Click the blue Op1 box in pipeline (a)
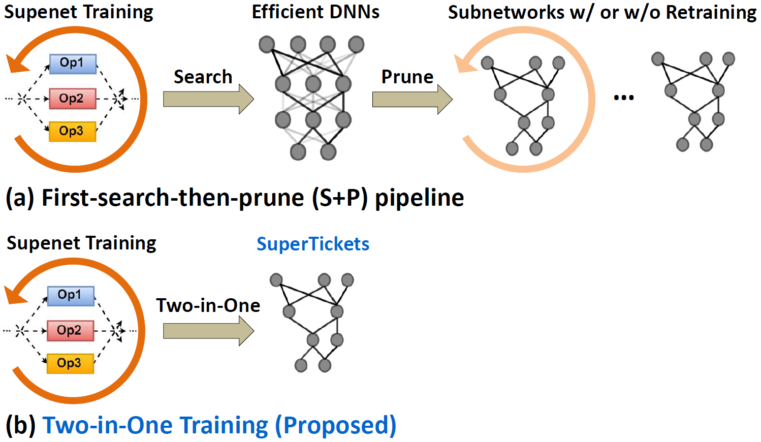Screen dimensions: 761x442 point(73,64)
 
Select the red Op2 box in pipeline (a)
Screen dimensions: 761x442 point(72,99)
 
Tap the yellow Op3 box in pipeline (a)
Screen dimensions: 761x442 point(72,131)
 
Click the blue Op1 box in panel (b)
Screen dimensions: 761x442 point(71,296)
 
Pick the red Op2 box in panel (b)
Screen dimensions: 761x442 point(70,330)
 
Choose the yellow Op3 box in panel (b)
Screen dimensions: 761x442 point(70,364)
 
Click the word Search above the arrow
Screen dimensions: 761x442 point(203,77)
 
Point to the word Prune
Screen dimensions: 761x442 point(407,77)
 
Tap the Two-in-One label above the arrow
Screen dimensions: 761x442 point(208,305)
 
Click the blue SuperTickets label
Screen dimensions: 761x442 point(313,244)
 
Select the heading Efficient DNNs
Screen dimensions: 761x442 point(315,12)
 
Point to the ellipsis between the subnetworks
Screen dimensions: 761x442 point(624,98)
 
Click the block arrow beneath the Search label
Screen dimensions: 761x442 point(209,99)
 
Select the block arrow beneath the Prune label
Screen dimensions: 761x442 point(413,99)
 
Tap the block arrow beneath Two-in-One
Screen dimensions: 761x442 point(209,331)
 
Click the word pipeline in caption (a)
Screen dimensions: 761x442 point(420,198)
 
